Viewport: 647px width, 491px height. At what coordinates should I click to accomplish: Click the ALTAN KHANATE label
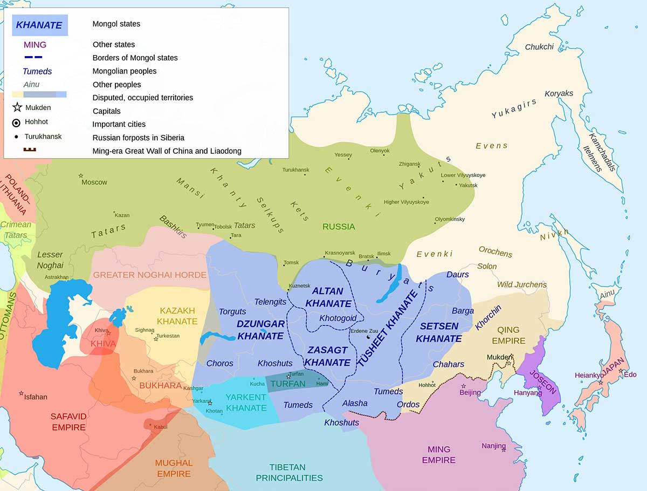coord(328,297)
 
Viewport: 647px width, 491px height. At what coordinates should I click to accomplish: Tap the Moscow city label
coord(94,182)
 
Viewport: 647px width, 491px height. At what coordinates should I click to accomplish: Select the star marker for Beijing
coord(463,386)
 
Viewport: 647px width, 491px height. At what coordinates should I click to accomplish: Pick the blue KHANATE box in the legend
coord(40,25)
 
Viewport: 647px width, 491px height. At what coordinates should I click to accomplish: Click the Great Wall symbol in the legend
coord(29,151)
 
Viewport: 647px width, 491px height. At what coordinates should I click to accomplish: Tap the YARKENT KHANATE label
coord(246,403)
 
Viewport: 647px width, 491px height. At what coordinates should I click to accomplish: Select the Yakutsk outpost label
coord(467,185)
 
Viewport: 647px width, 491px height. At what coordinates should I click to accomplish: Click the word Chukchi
coord(539,47)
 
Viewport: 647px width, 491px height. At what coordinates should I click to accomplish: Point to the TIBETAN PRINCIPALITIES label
coord(289,472)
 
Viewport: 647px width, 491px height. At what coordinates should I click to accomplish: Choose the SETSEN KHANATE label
coord(439,332)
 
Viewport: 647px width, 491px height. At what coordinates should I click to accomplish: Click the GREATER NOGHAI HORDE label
coord(150,275)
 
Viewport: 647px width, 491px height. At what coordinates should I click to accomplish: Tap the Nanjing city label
coord(494,446)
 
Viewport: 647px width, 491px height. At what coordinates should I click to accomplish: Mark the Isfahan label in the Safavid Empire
coord(36,397)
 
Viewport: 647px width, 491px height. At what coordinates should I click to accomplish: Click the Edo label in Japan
coord(630,374)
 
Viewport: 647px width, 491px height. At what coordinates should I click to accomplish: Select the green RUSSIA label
coord(339,227)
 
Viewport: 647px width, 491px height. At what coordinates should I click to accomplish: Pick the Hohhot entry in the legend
coord(36,122)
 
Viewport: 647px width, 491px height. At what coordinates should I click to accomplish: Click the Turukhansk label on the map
coord(296,170)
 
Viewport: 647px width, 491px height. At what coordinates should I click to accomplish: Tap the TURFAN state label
coord(288,384)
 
